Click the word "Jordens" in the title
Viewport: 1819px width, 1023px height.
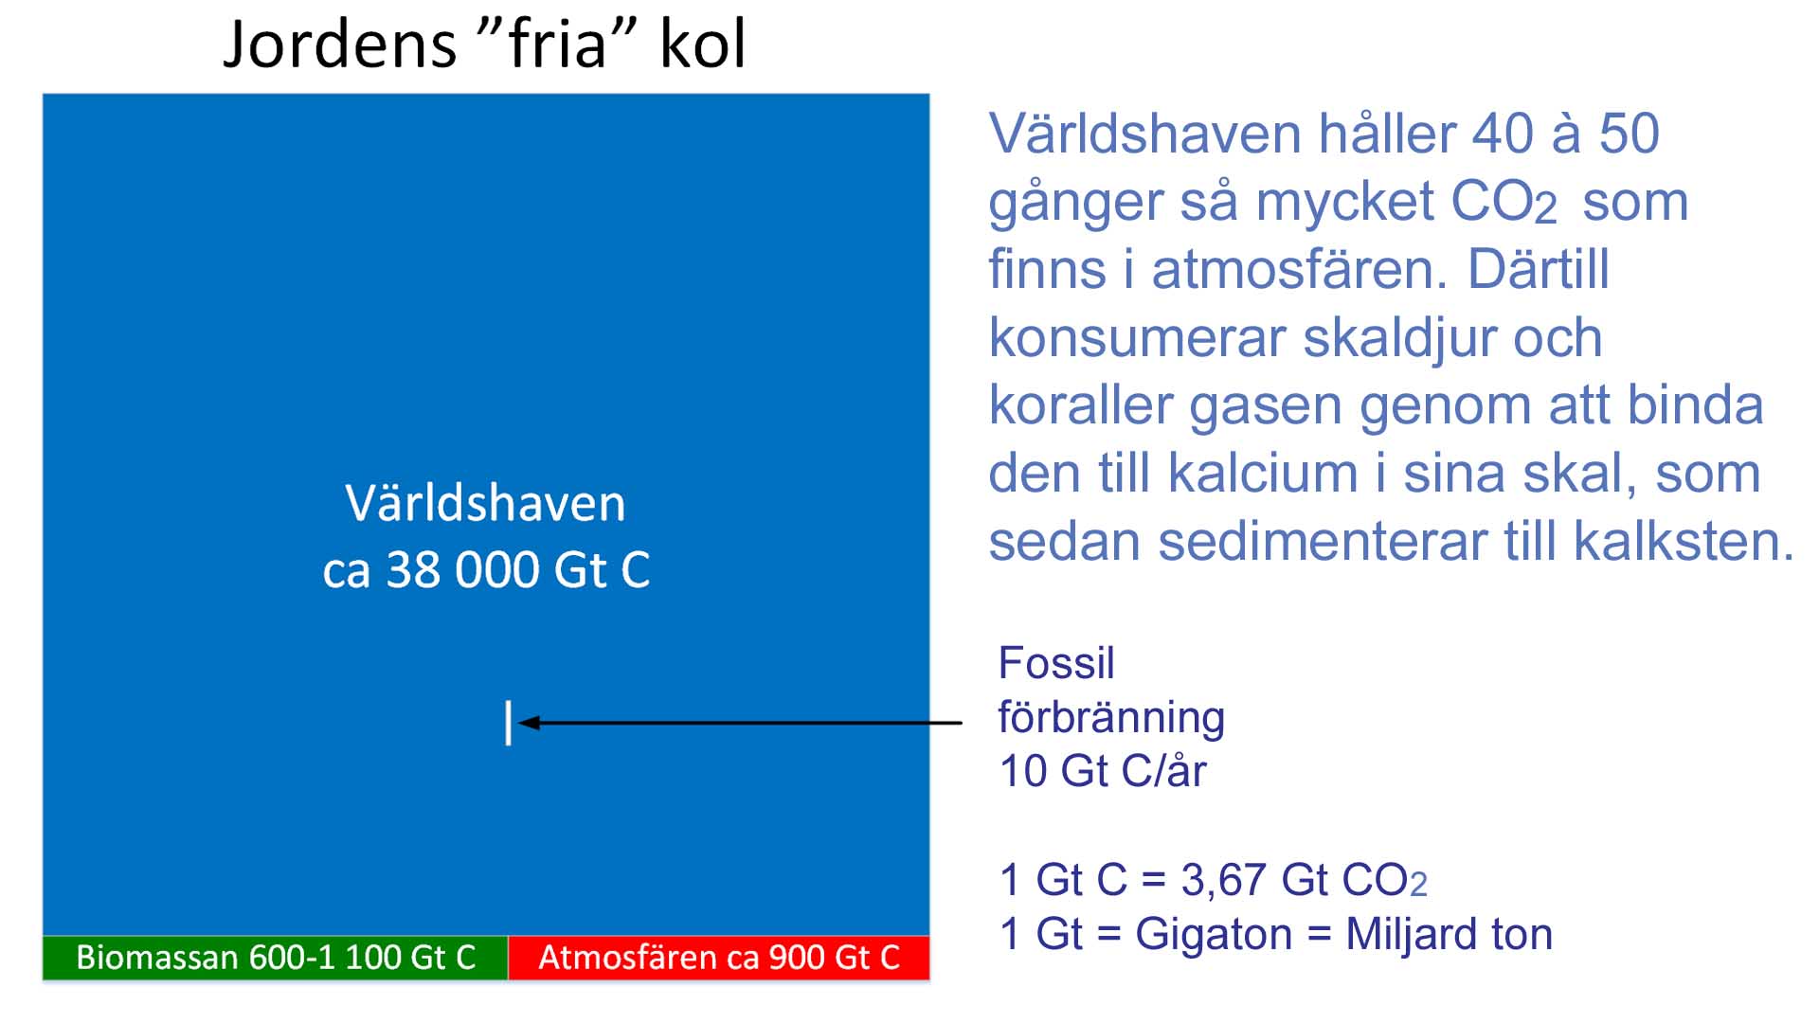(339, 45)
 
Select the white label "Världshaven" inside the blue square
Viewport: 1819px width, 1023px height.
(485, 503)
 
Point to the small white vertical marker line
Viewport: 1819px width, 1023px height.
(509, 723)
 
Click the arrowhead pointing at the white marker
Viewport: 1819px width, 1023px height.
(529, 723)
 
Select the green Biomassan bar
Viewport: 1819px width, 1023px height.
(276, 958)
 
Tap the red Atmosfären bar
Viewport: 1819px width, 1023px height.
(719, 958)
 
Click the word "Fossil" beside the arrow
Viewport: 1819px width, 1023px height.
(1056, 663)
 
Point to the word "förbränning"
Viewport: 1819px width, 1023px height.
(1111, 718)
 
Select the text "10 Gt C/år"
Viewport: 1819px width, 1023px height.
(1103, 771)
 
